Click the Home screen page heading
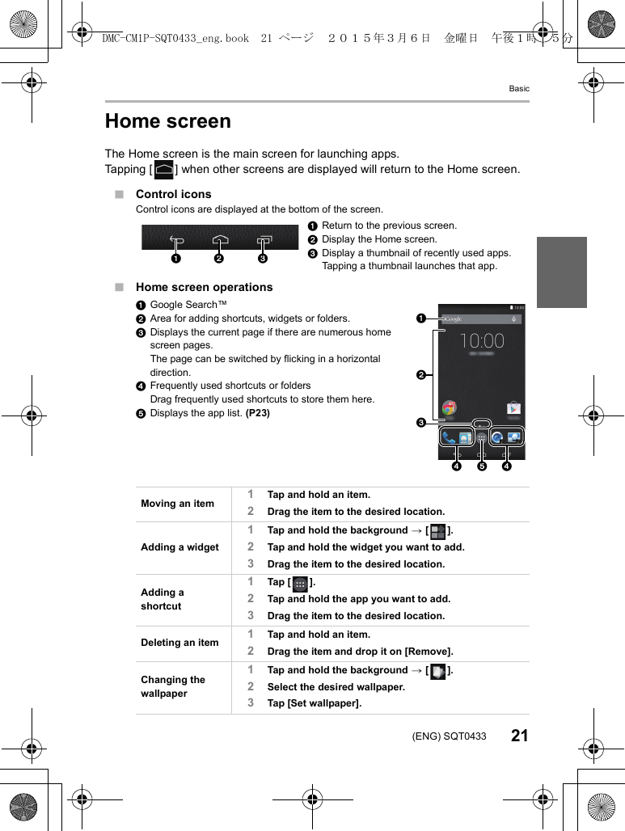tap(168, 121)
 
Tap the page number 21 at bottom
tap(520, 736)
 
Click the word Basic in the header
tap(519, 88)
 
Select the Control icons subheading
tap(173, 194)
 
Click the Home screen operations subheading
tap(204, 287)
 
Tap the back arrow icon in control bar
tap(177, 240)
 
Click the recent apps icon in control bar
tap(264, 240)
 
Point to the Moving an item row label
tap(177, 504)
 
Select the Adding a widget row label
tap(179, 547)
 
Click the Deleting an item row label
tap(179, 643)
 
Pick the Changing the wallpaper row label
tap(173, 686)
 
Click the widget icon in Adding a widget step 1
tap(437, 531)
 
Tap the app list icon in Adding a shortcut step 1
tap(300, 583)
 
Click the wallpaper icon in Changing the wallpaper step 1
tap(437, 671)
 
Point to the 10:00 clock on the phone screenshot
tap(482, 341)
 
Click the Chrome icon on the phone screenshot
tap(449, 407)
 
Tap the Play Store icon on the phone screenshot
tap(513, 407)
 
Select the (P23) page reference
tap(258, 413)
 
